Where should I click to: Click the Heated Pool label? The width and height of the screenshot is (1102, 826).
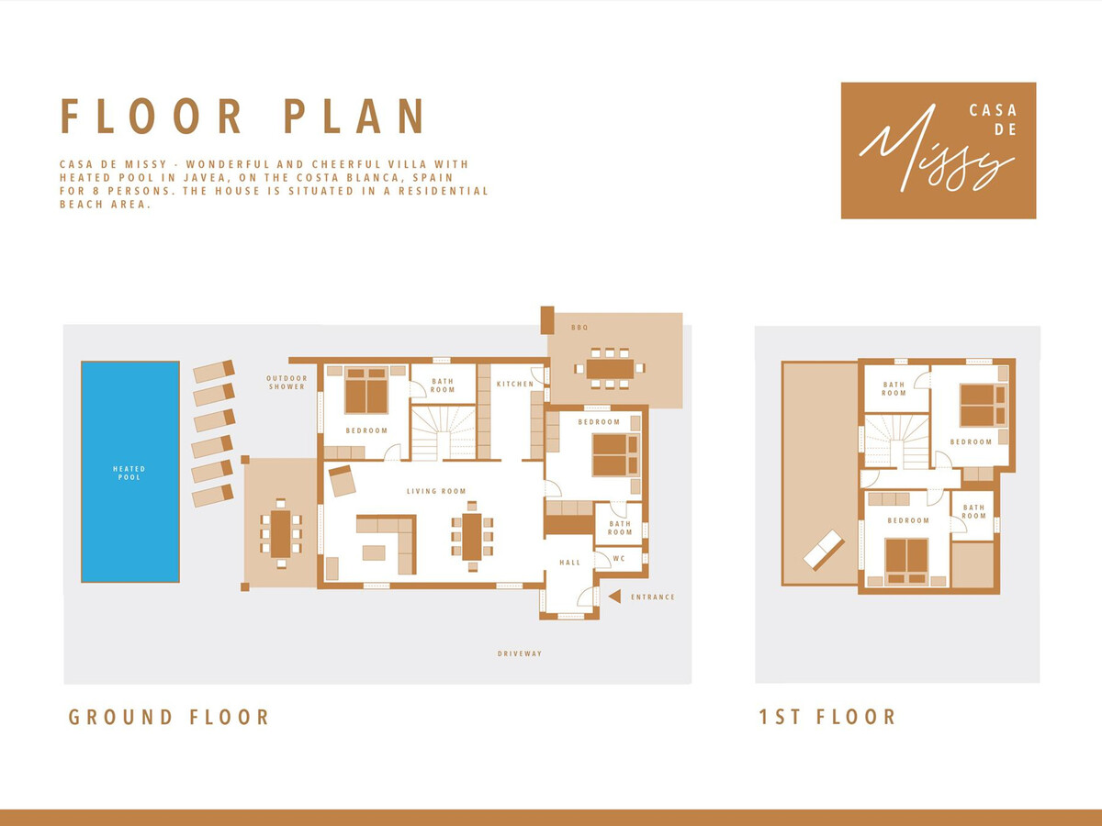129,473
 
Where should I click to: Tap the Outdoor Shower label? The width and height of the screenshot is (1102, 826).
287,382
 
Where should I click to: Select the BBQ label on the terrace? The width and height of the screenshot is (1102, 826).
579,328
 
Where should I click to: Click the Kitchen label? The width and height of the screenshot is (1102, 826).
515,385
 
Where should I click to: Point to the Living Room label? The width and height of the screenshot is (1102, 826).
436,491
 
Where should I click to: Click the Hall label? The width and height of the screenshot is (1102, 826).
570,563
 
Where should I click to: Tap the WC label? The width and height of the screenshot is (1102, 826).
619,559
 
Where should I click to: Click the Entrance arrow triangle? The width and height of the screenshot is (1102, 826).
614,597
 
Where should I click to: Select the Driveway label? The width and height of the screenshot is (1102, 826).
520,653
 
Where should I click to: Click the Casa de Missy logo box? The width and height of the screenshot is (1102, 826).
939,151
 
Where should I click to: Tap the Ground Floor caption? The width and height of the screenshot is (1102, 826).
169,717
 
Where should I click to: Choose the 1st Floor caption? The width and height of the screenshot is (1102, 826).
827,717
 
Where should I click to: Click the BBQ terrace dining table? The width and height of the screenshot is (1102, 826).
610,369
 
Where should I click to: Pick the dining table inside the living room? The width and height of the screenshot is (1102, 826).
472,537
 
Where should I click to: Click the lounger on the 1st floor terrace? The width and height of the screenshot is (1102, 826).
823,550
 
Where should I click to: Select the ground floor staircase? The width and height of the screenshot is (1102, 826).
444,433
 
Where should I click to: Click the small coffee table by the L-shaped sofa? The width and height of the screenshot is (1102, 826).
374,553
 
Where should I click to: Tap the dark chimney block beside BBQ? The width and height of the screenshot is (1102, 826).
547,320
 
